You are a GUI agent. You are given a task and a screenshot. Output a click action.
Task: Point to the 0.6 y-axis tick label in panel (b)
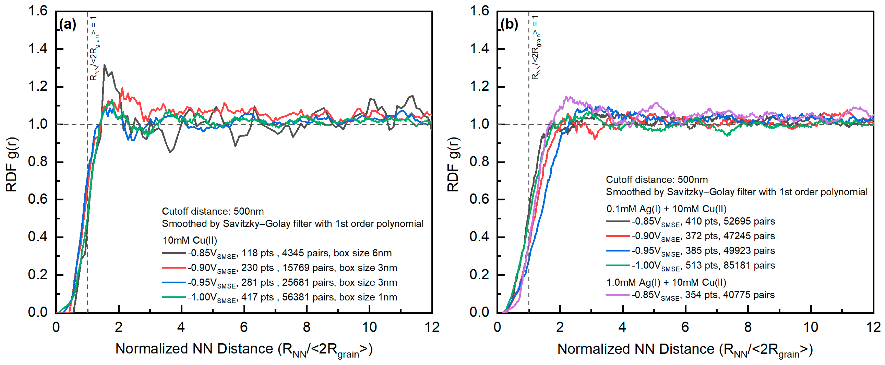point(479,199)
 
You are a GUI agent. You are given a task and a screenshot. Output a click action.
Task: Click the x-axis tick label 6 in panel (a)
point(244,327)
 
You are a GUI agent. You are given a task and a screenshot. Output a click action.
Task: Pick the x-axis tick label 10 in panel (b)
point(811,327)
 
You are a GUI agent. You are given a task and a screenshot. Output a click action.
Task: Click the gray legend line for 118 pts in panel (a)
point(174,253)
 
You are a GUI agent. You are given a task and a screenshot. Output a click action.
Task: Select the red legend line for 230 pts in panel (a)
point(174,268)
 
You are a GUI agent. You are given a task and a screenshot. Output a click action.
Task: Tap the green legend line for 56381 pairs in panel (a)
point(174,297)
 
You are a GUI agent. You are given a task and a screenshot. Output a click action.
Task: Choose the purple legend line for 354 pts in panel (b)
point(618,295)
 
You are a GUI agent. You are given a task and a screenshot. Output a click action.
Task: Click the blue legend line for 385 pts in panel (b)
point(618,251)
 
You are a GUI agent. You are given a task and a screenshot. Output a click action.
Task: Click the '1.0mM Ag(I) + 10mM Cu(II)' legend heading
point(666,282)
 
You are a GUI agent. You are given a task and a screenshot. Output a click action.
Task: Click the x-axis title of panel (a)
point(244,350)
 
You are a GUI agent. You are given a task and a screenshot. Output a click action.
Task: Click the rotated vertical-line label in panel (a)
point(95,48)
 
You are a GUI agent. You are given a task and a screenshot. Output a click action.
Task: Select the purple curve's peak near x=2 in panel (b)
point(567,97)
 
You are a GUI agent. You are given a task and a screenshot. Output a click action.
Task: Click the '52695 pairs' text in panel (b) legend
point(749,221)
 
